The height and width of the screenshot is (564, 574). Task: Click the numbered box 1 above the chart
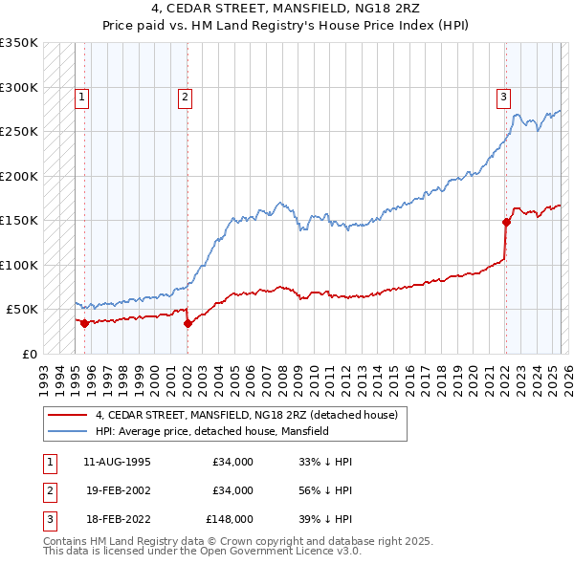[82, 96]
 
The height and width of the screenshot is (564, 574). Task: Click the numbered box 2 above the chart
[185, 96]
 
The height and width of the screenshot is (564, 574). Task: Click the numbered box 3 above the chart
[503, 96]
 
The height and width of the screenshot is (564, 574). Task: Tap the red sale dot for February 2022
[506, 222]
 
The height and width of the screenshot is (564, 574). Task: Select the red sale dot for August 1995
[85, 323]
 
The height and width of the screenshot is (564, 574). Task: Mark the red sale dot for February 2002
[188, 323]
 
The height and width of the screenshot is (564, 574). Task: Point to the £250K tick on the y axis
[18, 132]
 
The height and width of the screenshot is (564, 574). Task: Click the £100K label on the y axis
[18, 265]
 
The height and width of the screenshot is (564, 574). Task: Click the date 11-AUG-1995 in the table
[118, 462]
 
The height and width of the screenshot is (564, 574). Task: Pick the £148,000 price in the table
[230, 521]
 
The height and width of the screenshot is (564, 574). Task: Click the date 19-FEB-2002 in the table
[118, 491]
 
